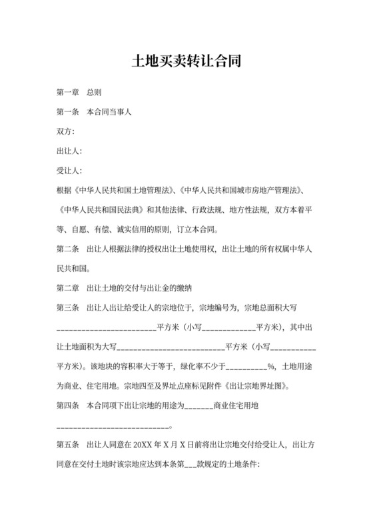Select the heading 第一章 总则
pos(79,92)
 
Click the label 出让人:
pos(70,151)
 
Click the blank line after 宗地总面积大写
pos(106,328)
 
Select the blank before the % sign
pos(247,367)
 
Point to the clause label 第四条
pos(68,406)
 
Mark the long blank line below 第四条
pos(113,425)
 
